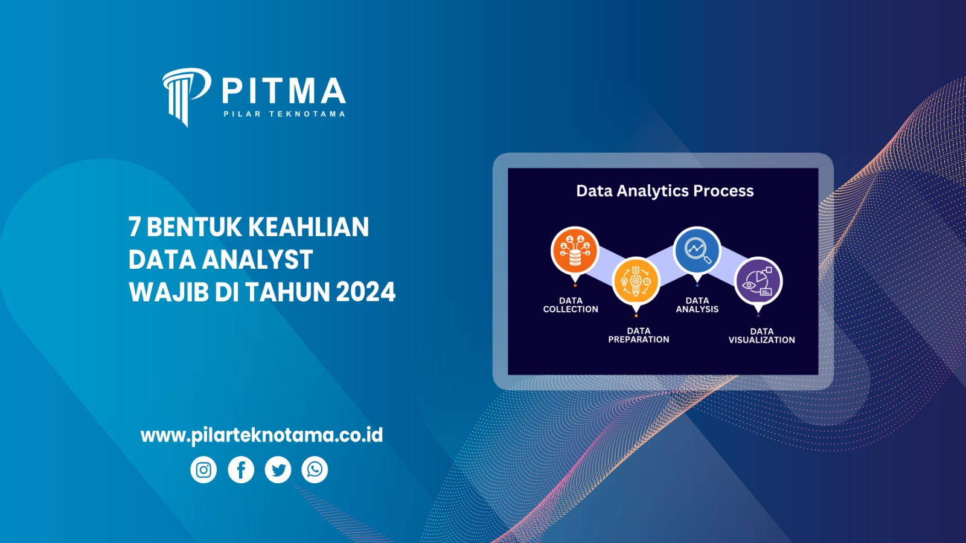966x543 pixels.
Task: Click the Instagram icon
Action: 203,470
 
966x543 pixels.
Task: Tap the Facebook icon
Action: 241,470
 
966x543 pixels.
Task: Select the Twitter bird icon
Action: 278,470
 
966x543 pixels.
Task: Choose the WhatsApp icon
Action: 315,470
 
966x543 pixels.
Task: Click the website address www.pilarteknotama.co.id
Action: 261,435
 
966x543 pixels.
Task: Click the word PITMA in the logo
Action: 283,91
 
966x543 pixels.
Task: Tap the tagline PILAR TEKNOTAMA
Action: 284,114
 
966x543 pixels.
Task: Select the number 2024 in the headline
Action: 365,292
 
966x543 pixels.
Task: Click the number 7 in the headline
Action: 135,228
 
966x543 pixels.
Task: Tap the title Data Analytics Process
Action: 665,191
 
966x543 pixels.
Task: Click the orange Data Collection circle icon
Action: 575,251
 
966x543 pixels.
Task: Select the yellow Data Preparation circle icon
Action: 636,281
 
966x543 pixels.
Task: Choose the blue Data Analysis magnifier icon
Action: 697,250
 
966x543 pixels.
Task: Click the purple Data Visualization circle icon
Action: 758,281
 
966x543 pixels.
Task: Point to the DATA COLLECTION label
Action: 571,305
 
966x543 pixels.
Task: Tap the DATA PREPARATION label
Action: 639,335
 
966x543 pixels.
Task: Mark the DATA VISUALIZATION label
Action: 761,336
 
